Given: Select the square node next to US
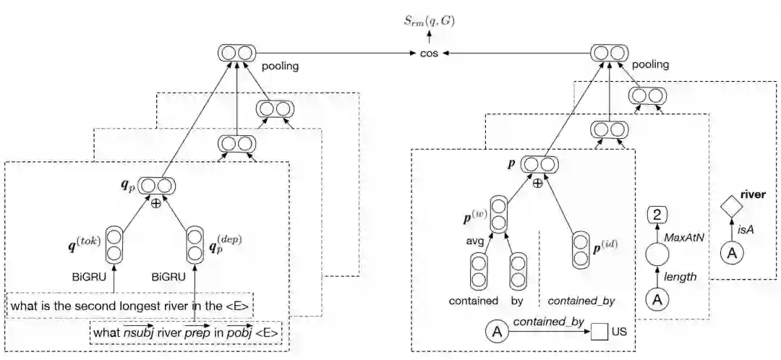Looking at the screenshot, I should tap(598, 333).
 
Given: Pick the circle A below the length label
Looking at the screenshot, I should tap(657, 298).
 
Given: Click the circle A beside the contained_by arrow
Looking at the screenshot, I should tap(497, 332).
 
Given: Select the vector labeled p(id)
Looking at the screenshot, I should tap(579, 249).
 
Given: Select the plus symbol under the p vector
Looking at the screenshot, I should tap(537, 184).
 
